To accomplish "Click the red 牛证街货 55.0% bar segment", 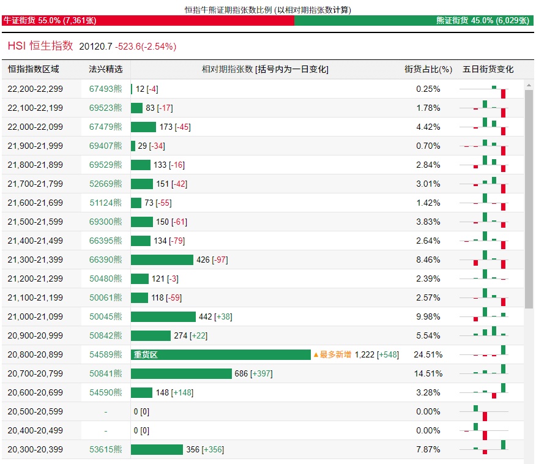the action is click(148, 21).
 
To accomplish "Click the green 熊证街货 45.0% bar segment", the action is click(414, 21).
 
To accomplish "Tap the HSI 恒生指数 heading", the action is click(40, 46).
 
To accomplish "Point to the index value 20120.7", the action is click(95, 47).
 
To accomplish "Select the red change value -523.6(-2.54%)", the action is click(146, 47).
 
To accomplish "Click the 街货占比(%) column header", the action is click(428, 69).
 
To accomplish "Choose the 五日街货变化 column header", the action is click(488, 69).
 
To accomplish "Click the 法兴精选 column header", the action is click(106, 69).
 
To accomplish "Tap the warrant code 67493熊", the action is click(106, 89).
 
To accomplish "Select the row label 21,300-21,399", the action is click(35, 260).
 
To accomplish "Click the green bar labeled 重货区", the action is click(221, 354).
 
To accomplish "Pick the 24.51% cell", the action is click(428, 354).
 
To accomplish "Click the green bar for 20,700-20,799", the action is click(181, 374).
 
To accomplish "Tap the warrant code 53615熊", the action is click(106, 450).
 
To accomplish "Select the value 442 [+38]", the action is click(215, 316).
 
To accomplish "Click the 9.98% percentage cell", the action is click(428, 316).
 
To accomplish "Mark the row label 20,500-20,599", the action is click(35, 412).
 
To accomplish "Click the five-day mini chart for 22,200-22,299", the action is click(484, 91).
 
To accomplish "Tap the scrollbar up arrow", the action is click(529, 85).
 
